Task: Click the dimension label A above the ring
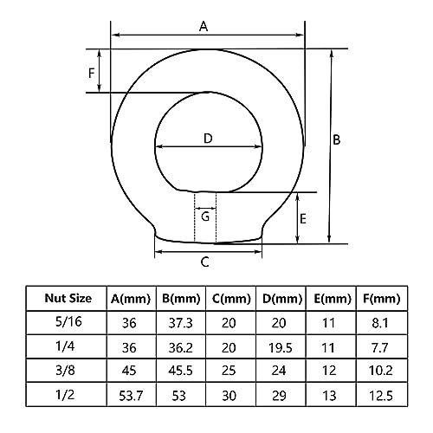pos(204,26)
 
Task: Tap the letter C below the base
pos(204,262)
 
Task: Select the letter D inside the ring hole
pos(208,138)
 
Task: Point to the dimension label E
pos(302,218)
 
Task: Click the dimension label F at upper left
pos(92,73)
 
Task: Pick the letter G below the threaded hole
pos(205,216)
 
